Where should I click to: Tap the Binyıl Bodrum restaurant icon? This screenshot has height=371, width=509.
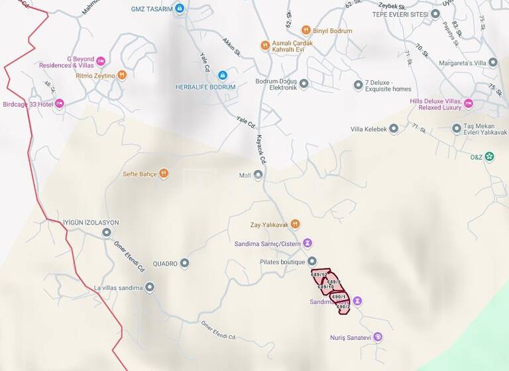pyautogui.click(x=306, y=30)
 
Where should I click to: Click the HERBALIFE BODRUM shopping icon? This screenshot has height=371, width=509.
pyautogui.click(x=223, y=76)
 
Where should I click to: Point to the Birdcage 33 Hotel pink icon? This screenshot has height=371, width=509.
pyautogui.click(x=60, y=104)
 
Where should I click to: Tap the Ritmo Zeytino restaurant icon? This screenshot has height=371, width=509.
pyautogui.click(x=121, y=76)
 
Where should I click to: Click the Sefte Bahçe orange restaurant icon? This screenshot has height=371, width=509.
pyautogui.click(x=164, y=174)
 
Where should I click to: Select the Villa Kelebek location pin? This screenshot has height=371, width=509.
pyautogui.click(x=394, y=129)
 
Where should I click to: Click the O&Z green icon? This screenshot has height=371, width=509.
pyautogui.click(x=489, y=157)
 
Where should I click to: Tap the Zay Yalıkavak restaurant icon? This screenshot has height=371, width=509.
pyautogui.click(x=296, y=224)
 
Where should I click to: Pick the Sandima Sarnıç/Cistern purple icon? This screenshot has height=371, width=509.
pyautogui.click(x=308, y=243)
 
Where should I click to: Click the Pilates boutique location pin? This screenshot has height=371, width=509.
pyautogui.click(x=312, y=261)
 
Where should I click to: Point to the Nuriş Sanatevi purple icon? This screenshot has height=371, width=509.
pyautogui.click(x=378, y=337)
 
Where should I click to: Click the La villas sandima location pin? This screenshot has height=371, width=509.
pyautogui.click(x=150, y=288)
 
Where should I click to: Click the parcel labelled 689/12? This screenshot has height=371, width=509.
pyautogui.click(x=321, y=276)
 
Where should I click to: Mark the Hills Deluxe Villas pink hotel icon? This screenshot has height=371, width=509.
pyautogui.click(x=469, y=103)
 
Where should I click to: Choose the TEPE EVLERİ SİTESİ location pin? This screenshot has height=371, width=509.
pyautogui.click(x=436, y=13)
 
